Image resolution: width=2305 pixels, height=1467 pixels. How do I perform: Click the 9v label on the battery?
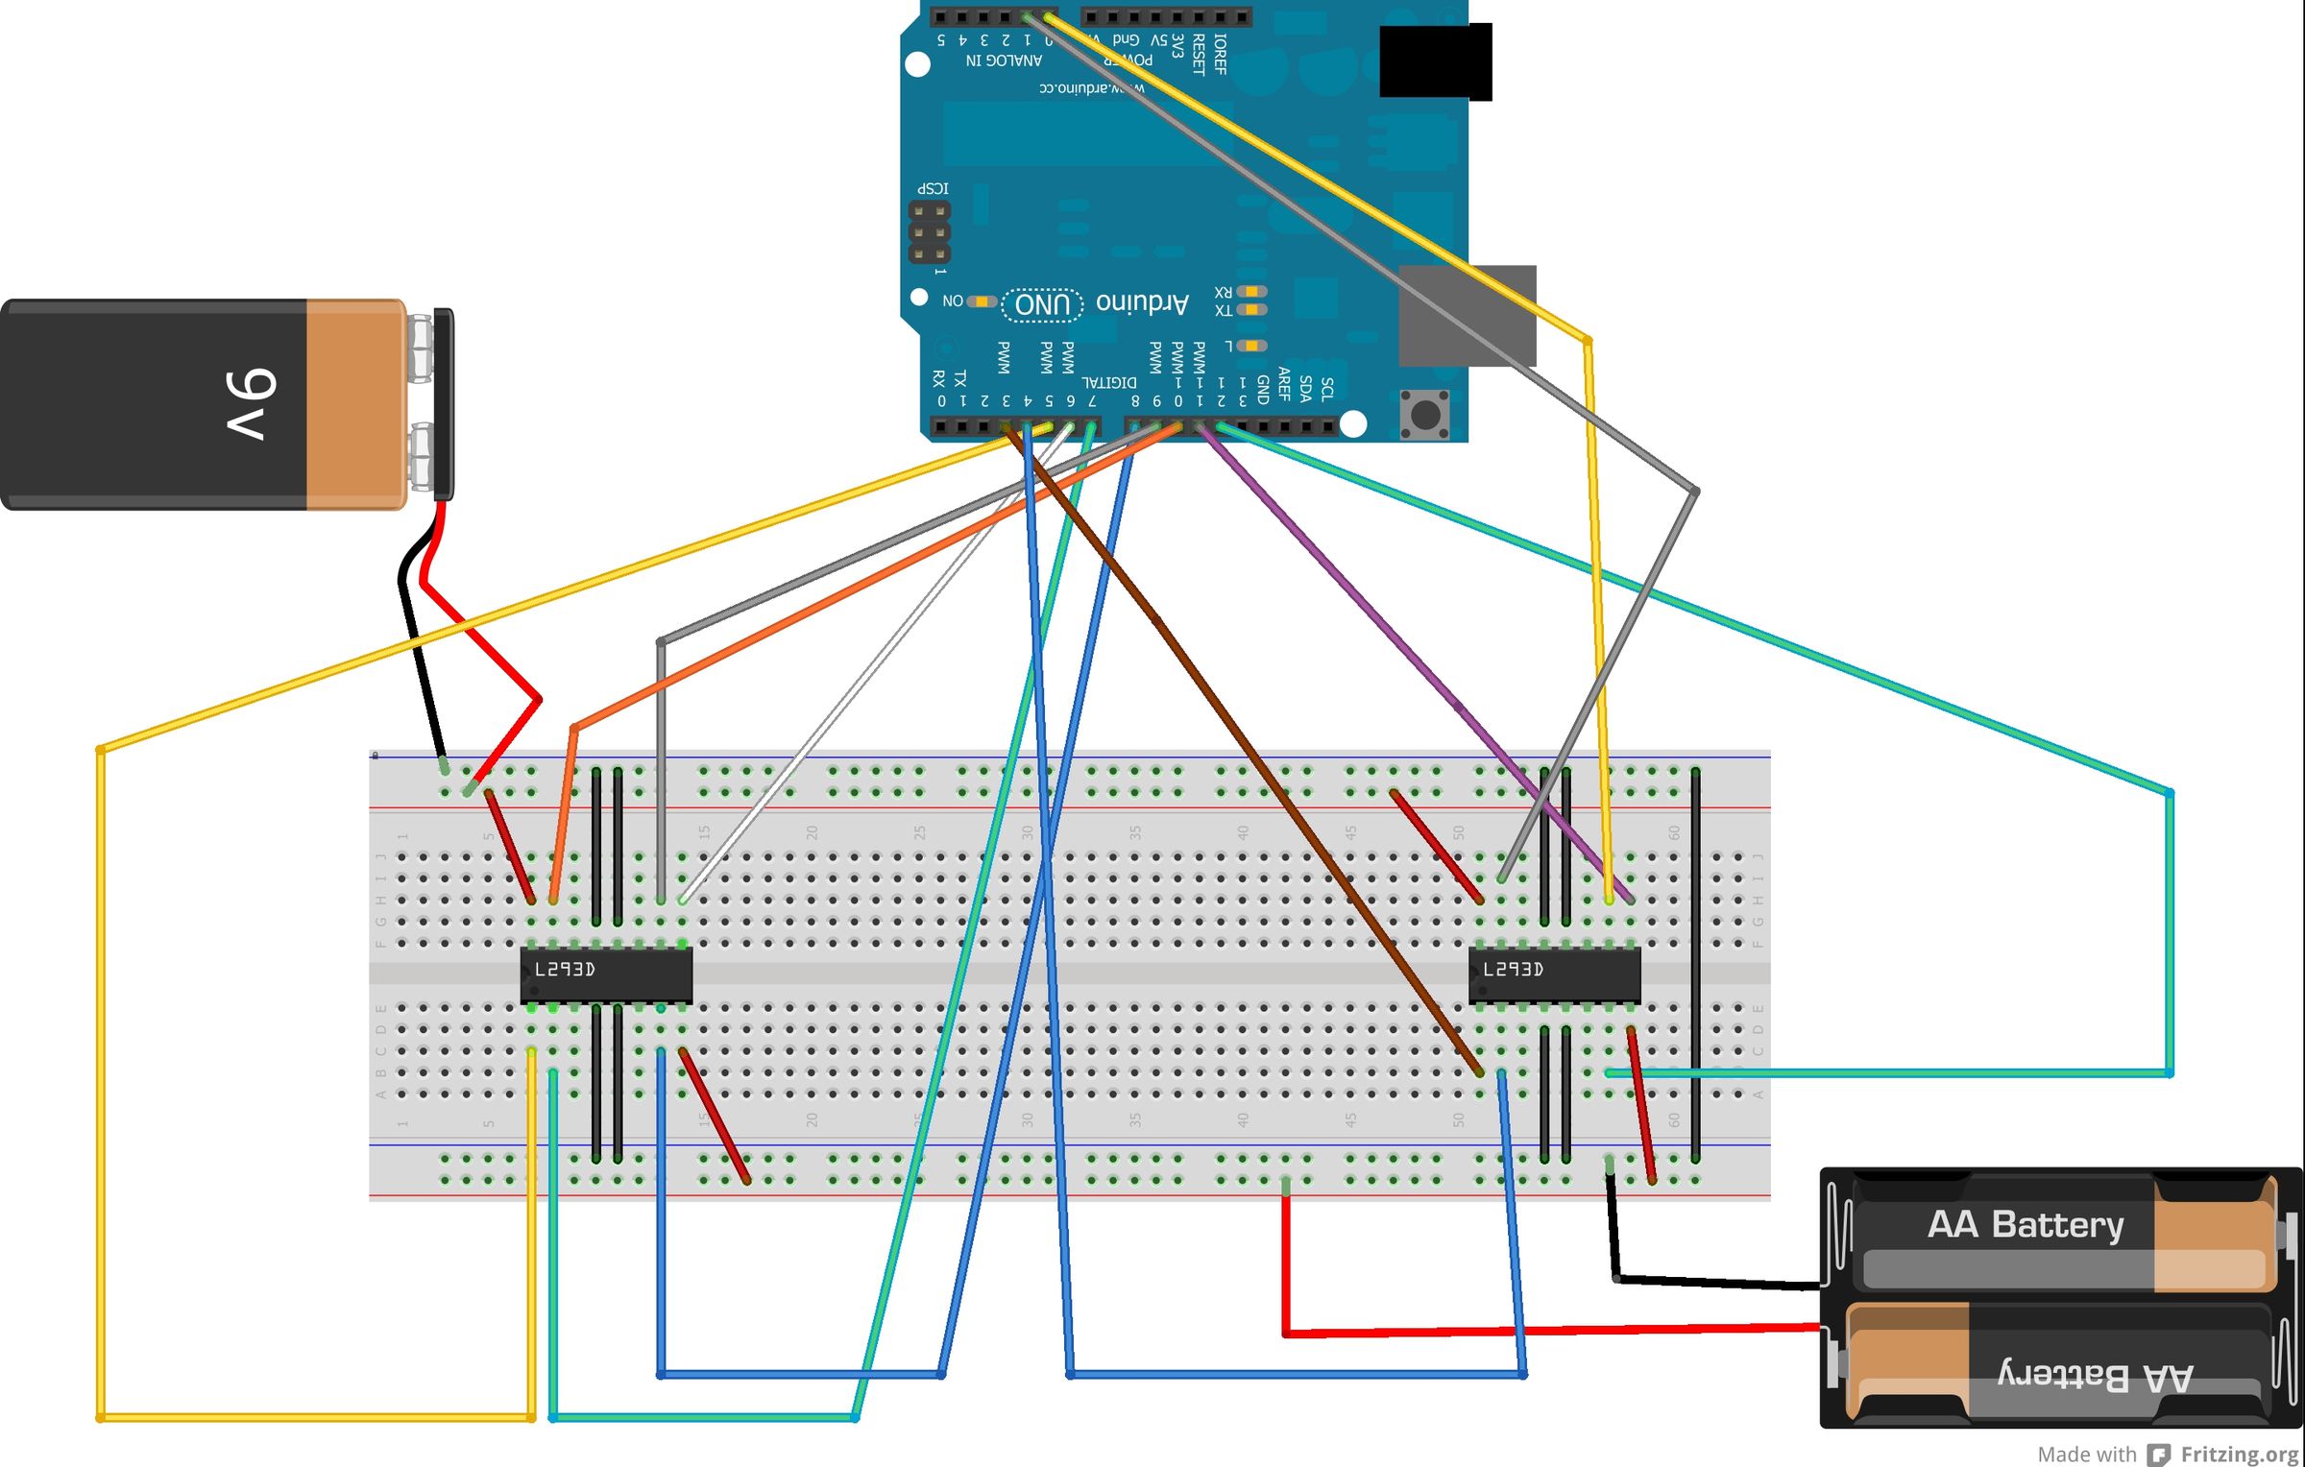click(252, 404)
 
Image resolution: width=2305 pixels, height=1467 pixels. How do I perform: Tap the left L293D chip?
click(606, 974)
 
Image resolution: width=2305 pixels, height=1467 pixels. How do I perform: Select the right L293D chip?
click(1554, 974)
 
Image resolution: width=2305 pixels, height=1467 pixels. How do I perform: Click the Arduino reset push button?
click(1425, 415)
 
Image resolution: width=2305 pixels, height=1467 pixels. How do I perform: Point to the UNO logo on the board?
click(1042, 304)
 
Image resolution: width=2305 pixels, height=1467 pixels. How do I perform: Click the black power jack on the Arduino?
click(1435, 61)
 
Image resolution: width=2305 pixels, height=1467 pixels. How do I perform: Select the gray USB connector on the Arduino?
click(1467, 316)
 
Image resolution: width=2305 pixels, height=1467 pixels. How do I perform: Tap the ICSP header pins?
click(930, 232)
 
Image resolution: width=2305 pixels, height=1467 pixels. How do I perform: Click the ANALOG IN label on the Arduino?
click(1003, 60)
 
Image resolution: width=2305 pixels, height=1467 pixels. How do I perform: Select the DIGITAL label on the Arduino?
click(1109, 382)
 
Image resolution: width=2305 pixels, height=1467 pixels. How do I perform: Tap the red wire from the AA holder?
click(1537, 1331)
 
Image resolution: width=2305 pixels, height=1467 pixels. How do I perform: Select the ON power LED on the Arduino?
click(981, 301)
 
